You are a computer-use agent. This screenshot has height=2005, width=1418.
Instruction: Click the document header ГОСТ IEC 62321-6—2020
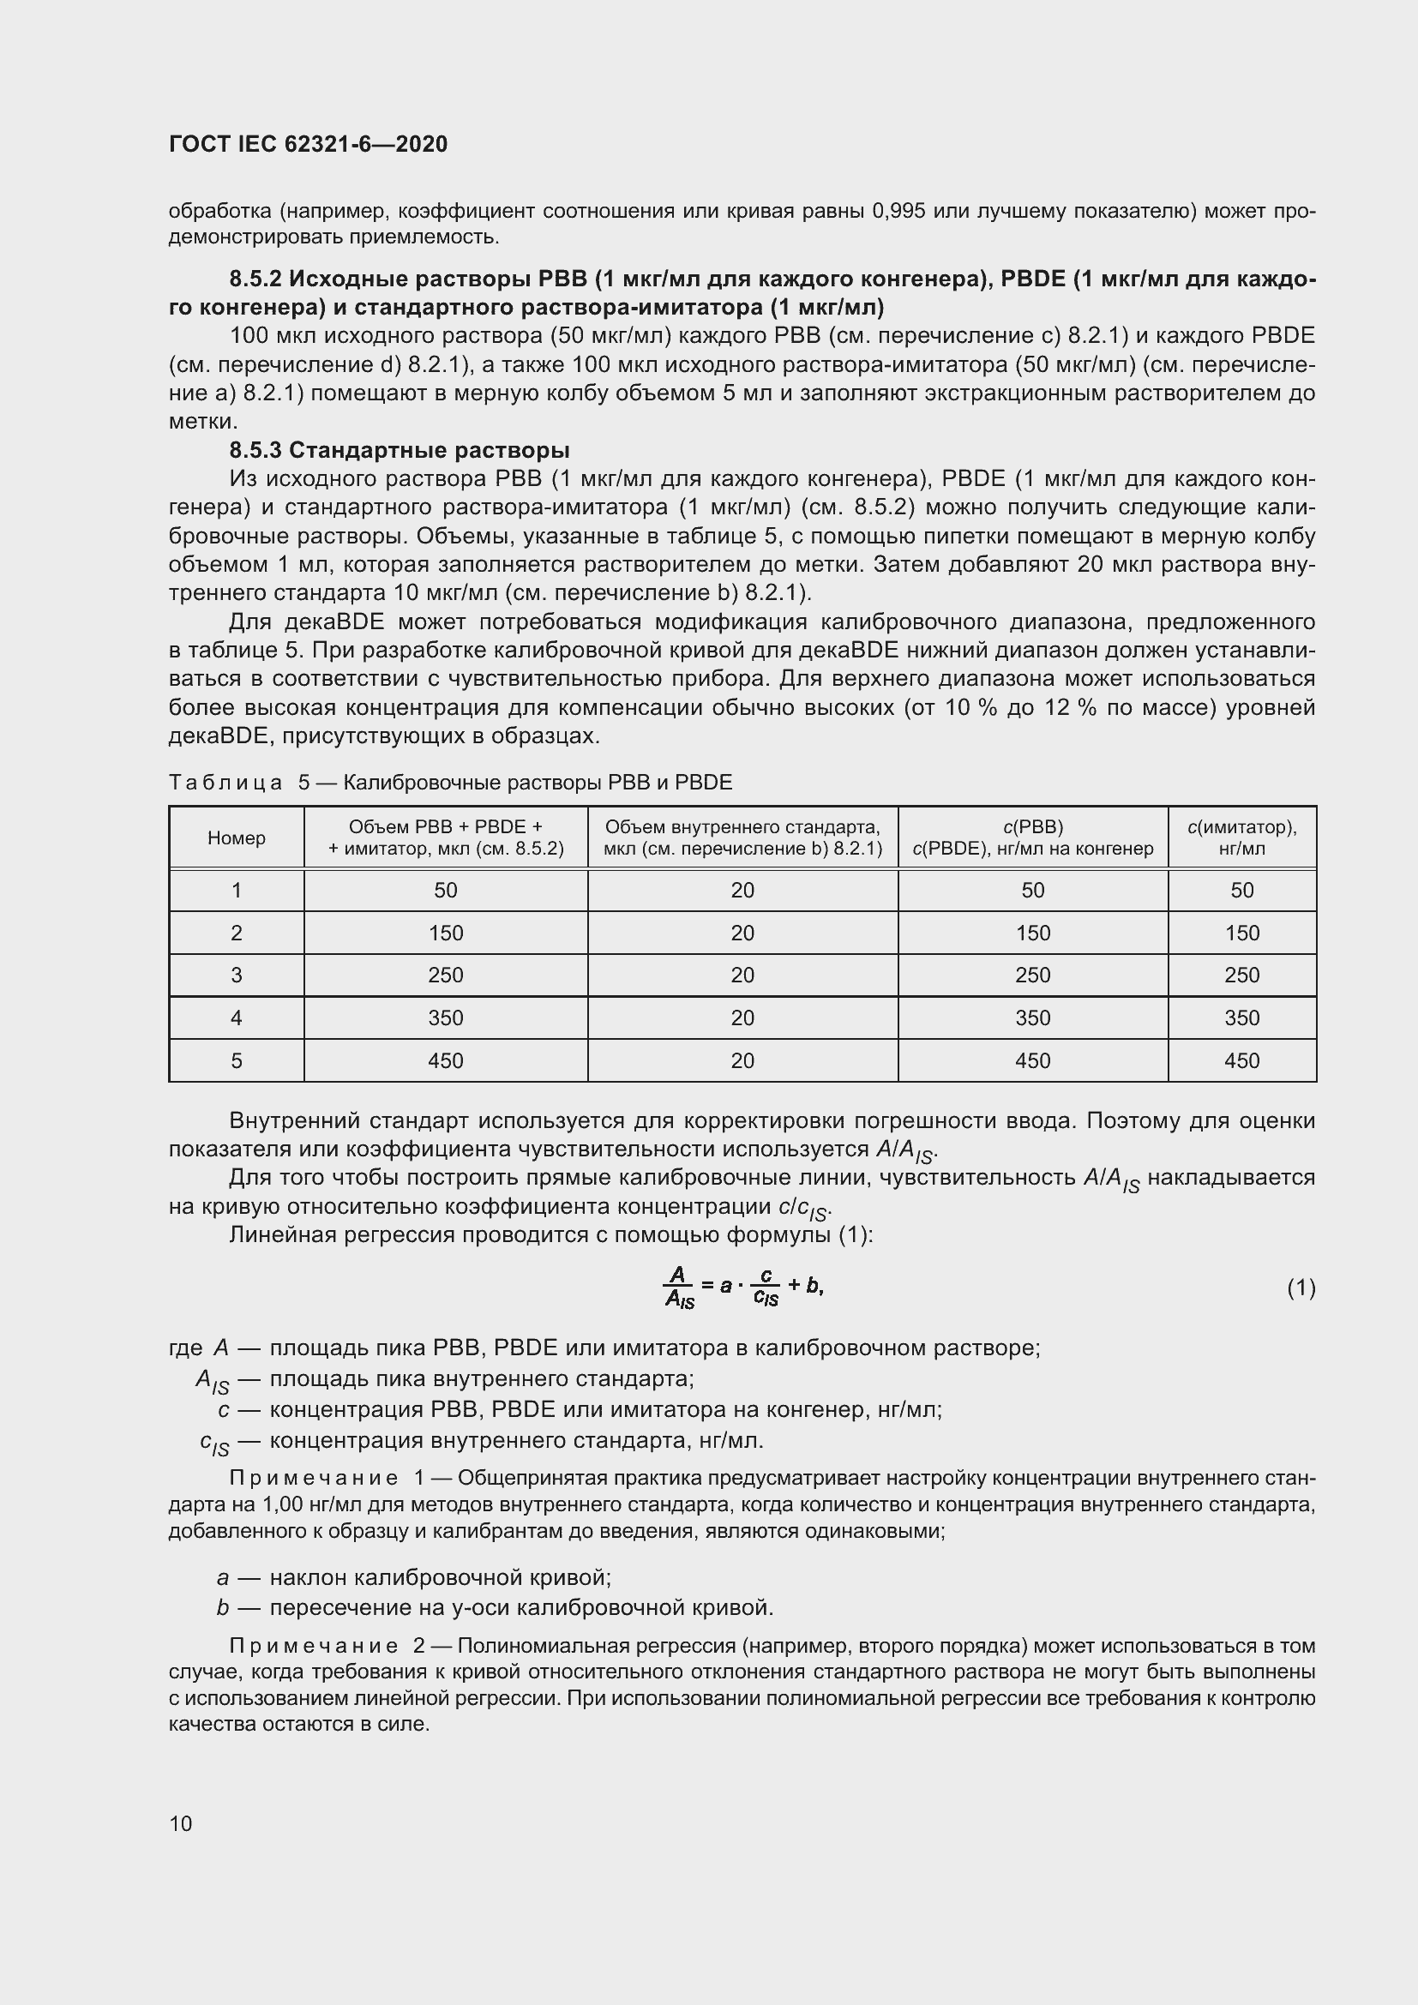click(x=308, y=144)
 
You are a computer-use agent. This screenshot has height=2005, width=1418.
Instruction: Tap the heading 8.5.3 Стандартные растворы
click(x=399, y=450)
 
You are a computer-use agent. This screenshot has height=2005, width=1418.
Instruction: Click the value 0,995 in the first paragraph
click(x=898, y=211)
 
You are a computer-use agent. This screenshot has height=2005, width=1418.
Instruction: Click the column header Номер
click(x=236, y=837)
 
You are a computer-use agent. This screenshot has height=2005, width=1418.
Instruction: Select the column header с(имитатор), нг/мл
click(x=1241, y=837)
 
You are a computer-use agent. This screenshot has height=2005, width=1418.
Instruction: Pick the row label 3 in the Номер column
click(x=236, y=975)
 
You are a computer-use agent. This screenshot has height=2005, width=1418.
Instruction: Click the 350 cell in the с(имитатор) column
click(x=1241, y=1018)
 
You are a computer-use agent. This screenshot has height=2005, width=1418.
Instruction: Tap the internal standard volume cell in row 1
click(x=742, y=890)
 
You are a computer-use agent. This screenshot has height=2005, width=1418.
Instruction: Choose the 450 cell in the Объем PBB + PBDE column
click(x=445, y=1060)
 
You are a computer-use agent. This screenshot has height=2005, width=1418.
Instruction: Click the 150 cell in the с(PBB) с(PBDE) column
click(x=1032, y=933)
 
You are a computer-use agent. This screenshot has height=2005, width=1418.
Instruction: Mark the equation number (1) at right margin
click(x=1301, y=1288)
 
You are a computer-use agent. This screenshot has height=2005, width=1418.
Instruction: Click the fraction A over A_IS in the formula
click(x=678, y=1288)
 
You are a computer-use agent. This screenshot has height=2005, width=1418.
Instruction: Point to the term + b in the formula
click(x=806, y=1285)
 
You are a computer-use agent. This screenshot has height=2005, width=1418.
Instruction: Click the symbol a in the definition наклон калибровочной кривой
click(x=223, y=1577)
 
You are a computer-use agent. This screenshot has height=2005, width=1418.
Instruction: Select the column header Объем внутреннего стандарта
click(x=742, y=837)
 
